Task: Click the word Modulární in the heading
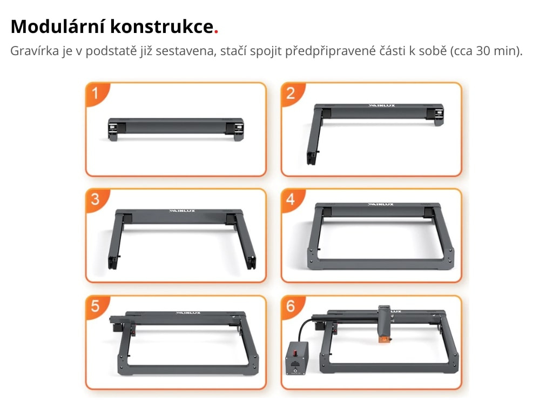tap(58, 26)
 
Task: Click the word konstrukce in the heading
tap(162, 26)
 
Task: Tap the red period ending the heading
tap(216, 32)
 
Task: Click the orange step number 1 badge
tap(96, 93)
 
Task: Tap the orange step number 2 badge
tap(292, 93)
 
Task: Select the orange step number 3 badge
tap(96, 200)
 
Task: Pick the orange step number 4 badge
tap(292, 200)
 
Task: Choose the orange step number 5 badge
tap(96, 306)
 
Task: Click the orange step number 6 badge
tap(292, 306)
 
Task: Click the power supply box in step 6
tap(296, 358)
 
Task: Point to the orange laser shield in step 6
tap(385, 339)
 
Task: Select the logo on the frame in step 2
tap(382, 105)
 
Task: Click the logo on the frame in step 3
tap(182, 211)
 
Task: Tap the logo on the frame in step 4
tap(381, 204)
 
